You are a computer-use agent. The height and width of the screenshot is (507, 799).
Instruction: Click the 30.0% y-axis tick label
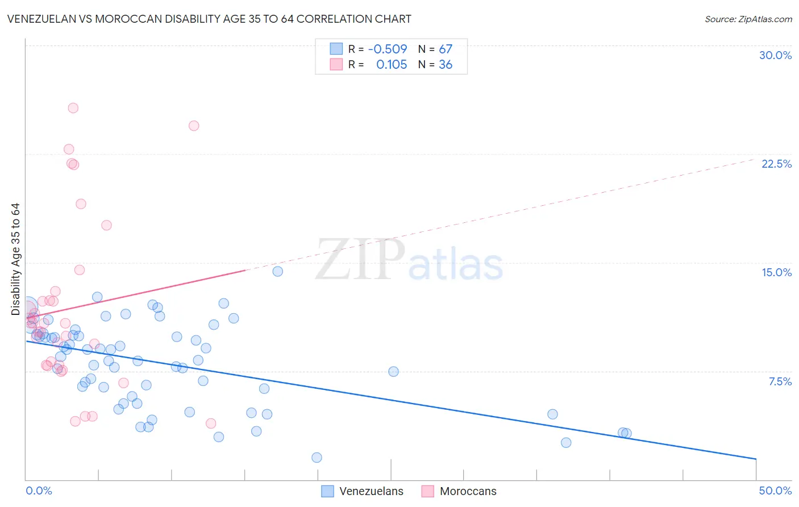[x=775, y=55]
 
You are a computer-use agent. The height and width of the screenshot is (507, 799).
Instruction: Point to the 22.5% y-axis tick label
[x=776, y=164]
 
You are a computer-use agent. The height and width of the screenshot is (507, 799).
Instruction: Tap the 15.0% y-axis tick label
[x=776, y=272]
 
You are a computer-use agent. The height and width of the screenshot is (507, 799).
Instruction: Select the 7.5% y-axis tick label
[x=780, y=381]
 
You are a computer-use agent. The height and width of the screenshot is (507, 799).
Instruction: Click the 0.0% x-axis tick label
[x=39, y=491]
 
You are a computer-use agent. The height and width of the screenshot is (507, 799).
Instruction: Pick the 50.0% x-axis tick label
[x=775, y=491]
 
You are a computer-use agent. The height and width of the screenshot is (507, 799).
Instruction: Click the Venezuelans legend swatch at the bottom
[x=327, y=491]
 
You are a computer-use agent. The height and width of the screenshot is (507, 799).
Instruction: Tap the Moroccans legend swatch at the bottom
[x=428, y=491]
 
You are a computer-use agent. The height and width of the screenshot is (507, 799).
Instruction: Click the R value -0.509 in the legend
[x=388, y=49]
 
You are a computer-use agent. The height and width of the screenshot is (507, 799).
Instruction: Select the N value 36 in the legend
[x=446, y=65]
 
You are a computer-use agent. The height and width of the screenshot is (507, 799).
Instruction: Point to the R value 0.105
[x=392, y=65]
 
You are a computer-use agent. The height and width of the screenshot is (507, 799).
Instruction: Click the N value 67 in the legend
[x=446, y=49]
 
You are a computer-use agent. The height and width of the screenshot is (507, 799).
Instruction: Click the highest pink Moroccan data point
[x=73, y=108]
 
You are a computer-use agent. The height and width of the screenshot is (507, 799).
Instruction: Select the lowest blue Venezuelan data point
[x=317, y=458]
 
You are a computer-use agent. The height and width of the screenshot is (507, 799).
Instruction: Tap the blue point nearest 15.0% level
[x=278, y=271]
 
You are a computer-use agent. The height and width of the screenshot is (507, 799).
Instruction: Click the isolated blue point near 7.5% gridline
[x=393, y=372]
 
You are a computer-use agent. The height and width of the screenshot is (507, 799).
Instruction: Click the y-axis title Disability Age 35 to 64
[x=15, y=259]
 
